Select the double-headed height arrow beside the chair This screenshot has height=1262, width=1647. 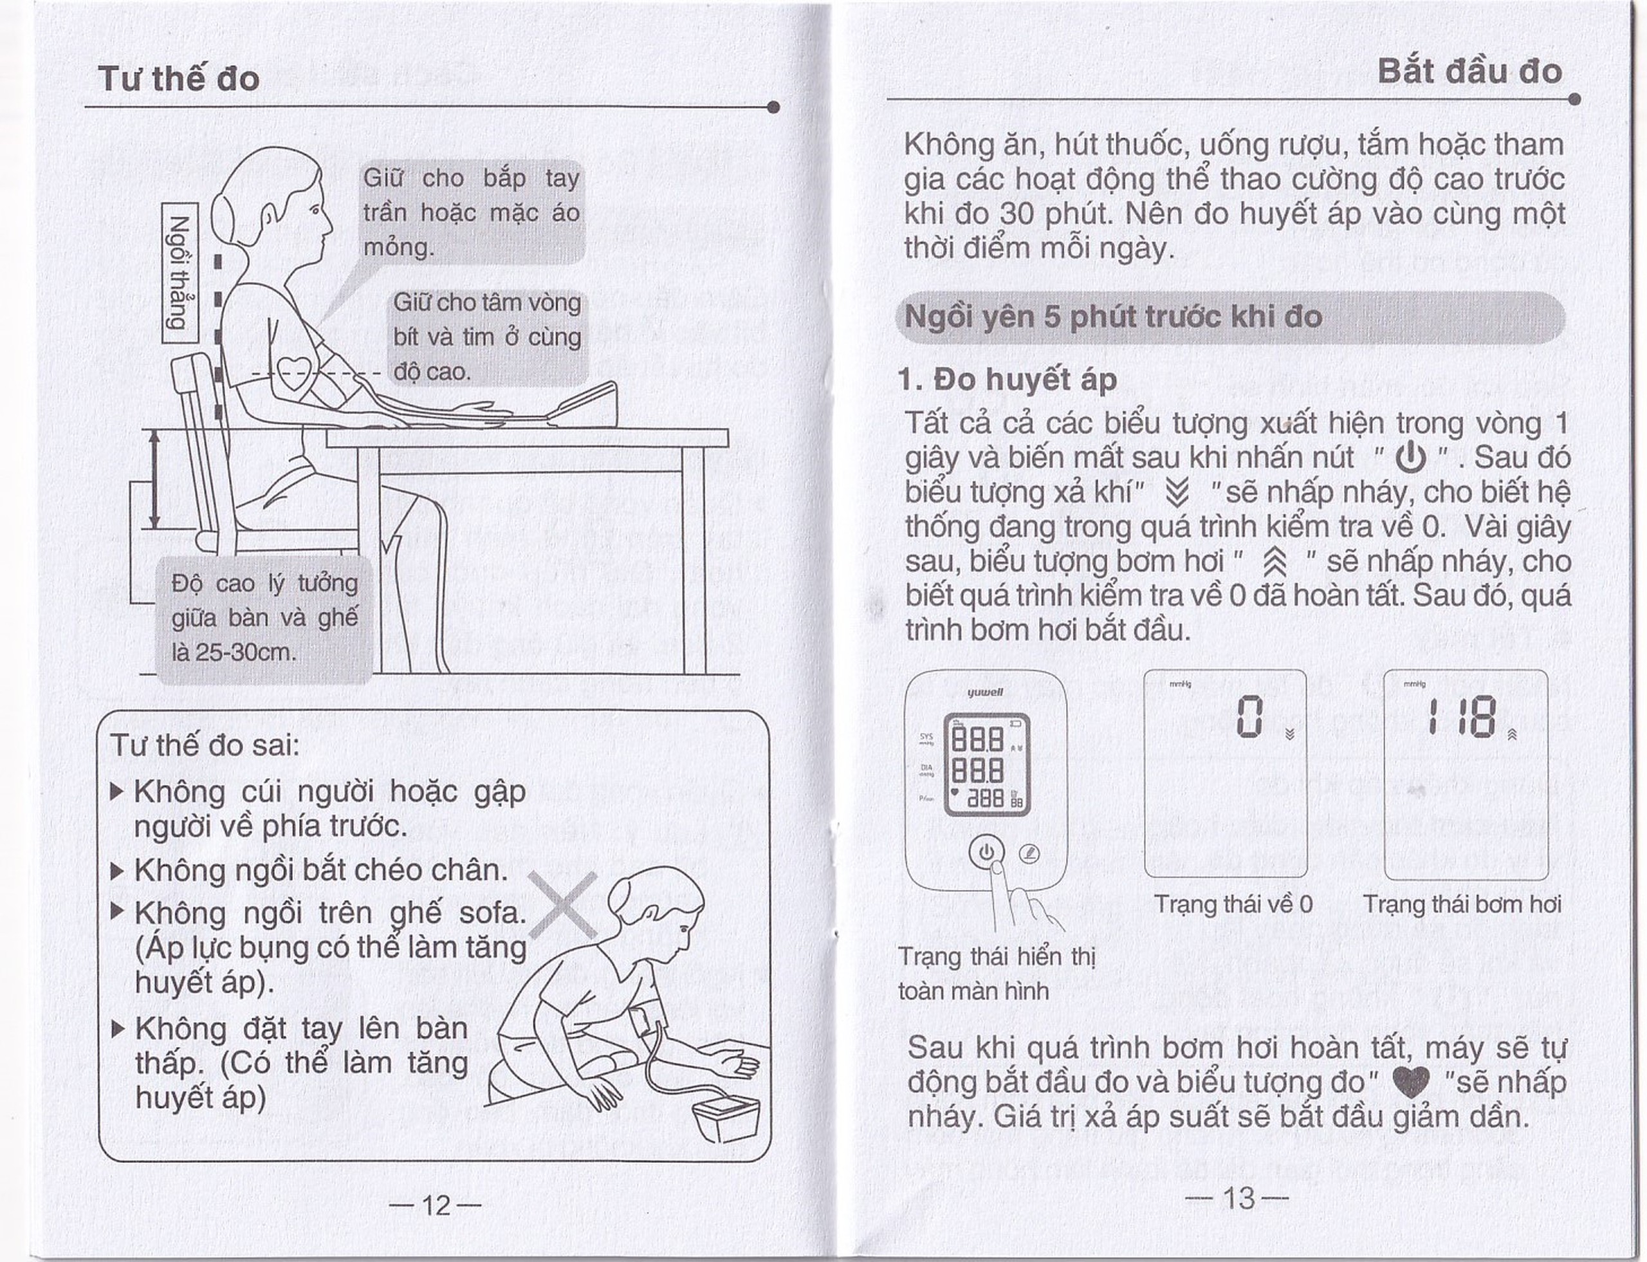[x=154, y=479]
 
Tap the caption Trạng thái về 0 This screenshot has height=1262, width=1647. [x=1233, y=904]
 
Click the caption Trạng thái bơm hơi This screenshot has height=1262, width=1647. [x=1462, y=904]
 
